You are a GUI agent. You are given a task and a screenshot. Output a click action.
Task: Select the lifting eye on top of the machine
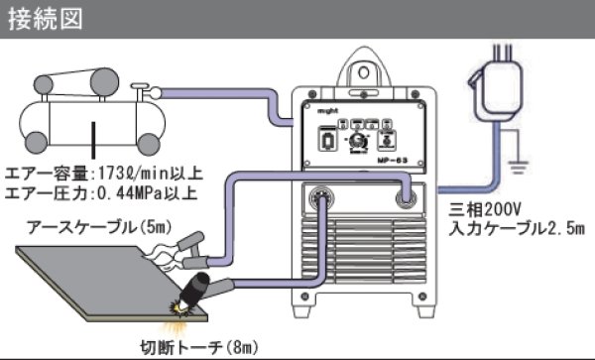tap(363, 69)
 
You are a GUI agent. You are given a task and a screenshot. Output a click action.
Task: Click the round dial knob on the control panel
tap(359, 142)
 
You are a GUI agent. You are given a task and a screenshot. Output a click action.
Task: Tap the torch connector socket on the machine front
tap(321, 198)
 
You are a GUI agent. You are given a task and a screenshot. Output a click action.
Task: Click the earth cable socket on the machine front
tap(406, 197)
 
